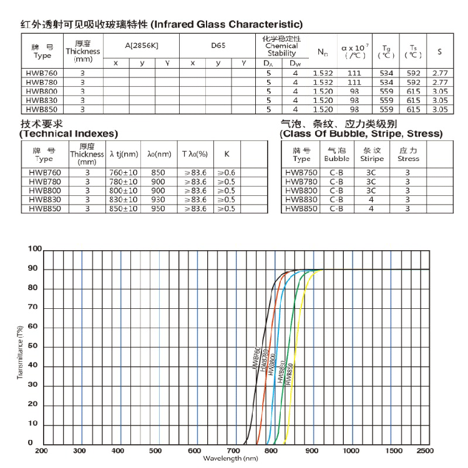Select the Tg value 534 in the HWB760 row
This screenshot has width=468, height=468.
tap(386, 74)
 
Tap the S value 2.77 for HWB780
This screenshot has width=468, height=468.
tap(439, 82)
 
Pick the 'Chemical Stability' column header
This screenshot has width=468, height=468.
tap(281, 46)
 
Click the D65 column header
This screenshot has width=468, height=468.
tap(218, 46)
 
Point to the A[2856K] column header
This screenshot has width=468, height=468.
tap(142, 46)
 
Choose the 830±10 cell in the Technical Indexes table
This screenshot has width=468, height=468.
tap(124, 200)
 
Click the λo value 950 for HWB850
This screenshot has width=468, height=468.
tap(158, 208)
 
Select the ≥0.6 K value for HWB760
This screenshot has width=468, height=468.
tap(227, 172)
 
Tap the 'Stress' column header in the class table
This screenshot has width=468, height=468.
tap(408, 155)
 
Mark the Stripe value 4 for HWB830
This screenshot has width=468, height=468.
tap(371, 200)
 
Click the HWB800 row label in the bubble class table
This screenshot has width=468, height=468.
tap(301, 190)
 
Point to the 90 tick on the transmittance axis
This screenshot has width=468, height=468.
tap(33, 269)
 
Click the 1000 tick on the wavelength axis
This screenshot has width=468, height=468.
tap(352, 451)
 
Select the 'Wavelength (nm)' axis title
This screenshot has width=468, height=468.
tap(230, 459)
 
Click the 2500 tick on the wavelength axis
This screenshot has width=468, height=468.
tap(425, 451)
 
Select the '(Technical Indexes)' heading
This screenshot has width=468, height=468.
tap(69, 134)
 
